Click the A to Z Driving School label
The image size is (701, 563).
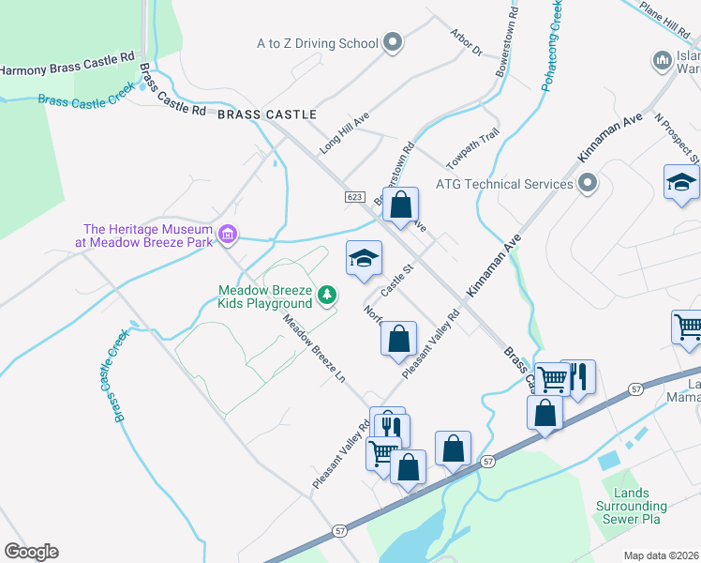point(317,43)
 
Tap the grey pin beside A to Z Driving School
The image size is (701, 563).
point(394,42)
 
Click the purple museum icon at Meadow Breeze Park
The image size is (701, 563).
point(227,234)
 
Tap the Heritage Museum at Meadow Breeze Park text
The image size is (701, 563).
point(146,235)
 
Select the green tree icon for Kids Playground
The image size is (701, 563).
point(327,297)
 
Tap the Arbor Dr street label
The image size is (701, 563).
point(465,46)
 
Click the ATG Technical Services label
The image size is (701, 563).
point(504,184)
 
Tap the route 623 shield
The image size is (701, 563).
point(353,196)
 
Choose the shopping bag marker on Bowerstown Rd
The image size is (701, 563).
point(400,205)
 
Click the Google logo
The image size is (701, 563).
point(31,552)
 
